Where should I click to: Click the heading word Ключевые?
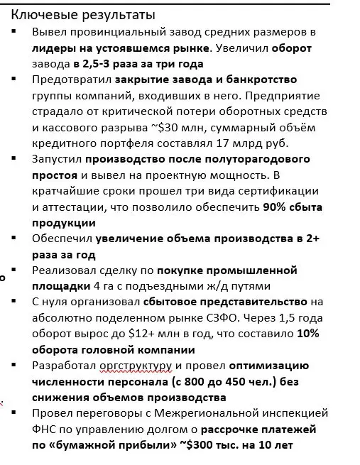click(42, 14)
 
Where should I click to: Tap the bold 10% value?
click(310, 333)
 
